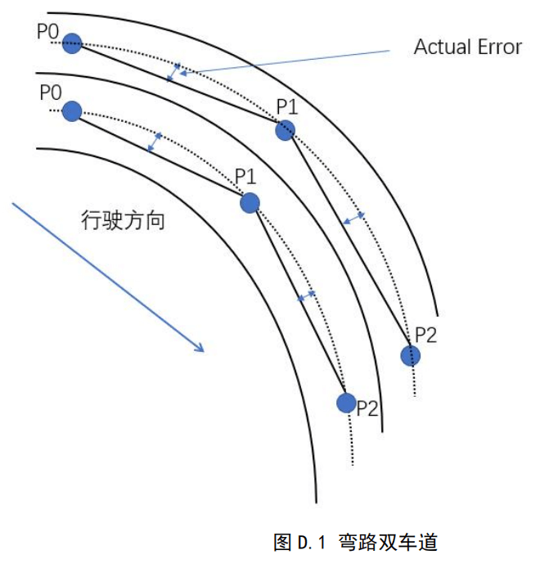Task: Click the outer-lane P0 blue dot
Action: point(73,44)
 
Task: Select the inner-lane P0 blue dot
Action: point(72,110)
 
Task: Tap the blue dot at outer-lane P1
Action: point(285,129)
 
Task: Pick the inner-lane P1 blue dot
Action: point(250,202)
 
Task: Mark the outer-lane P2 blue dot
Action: point(410,355)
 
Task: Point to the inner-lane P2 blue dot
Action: point(347,403)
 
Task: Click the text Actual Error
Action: point(467,47)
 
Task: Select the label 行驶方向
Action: point(123,220)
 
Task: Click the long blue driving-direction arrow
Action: point(107,277)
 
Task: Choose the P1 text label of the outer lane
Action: point(287,107)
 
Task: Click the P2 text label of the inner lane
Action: point(367,409)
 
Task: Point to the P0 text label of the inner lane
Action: point(50,91)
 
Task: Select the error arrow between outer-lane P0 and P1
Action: point(173,72)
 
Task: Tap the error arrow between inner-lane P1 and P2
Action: point(306,295)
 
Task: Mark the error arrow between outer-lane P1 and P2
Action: point(353,218)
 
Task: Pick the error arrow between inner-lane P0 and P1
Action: point(154,142)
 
